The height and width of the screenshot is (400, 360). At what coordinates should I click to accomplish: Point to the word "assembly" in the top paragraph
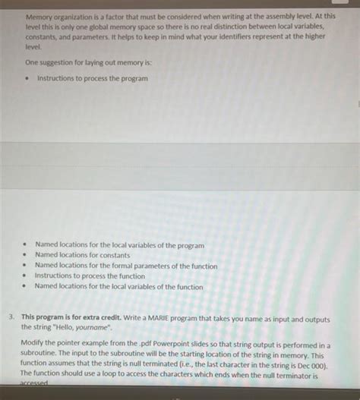[x=254, y=14]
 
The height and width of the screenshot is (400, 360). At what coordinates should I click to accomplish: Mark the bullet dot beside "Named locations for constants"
[x=25, y=256]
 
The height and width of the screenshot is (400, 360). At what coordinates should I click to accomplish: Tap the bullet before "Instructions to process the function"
[x=25, y=276]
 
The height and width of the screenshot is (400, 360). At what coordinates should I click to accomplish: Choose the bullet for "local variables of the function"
[x=25, y=287]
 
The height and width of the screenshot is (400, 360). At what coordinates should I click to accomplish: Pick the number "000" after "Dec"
[x=314, y=364]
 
